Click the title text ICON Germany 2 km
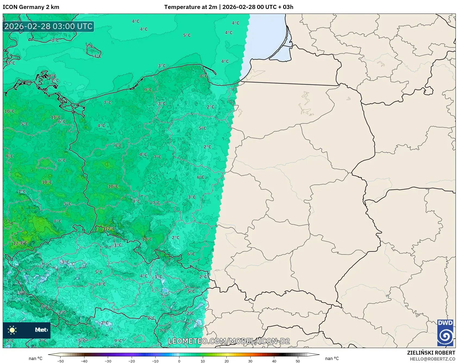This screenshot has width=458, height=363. click(31, 7)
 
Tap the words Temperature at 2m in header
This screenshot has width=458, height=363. click(190, 7)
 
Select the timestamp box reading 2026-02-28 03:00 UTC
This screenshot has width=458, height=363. click(48, 26)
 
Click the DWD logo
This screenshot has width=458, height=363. click(445, 333)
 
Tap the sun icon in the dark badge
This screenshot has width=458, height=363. click(12, 330)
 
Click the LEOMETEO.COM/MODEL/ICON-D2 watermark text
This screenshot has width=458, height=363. click(229, 341)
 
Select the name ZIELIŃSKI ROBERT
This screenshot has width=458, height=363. click(431, 353)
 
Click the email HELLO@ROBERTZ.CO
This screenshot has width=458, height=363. click(432, 359)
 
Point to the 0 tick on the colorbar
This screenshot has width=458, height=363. click(179, 361)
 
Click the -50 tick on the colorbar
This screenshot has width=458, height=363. click(61, 361)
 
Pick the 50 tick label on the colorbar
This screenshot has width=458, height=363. click(298, 361)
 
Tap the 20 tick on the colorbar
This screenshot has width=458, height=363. click(227, 361)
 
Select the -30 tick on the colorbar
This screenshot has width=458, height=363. click(108, 361)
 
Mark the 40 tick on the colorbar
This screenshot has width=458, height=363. click(274, 361)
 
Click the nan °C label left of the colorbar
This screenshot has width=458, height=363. click(36, 358)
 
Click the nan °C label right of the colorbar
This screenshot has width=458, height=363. click(332, 358)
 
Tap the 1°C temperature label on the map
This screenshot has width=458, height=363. click(22, 191)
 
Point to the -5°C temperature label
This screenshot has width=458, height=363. click(22, 293)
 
